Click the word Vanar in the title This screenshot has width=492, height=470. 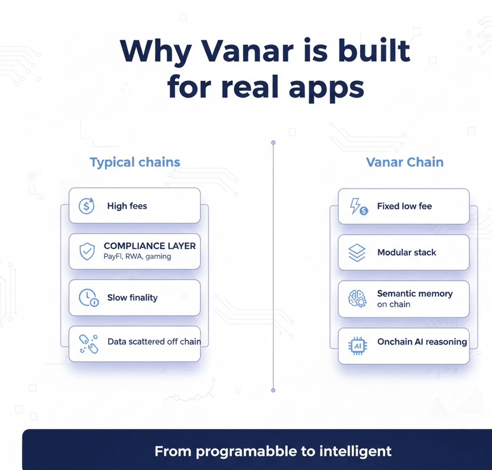(x=247, y=51)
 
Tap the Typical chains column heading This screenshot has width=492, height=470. (x=135, y=162)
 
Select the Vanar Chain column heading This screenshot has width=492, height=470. (x=405, y=162)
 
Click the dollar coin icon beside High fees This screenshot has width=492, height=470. (x=86, y=206)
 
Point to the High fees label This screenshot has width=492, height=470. (x=127, y=206)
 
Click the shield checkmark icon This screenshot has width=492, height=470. (x=87, y=251)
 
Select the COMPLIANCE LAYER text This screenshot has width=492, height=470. (x=150, y=245)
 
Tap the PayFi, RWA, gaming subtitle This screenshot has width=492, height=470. (x=138, y=256)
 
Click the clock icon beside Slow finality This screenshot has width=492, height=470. (x=88, y=298)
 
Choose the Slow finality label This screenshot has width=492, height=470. (x=132, y=298)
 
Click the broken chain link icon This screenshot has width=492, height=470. (x=88, y=344)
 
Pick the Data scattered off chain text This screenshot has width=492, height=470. (x=154, y=342)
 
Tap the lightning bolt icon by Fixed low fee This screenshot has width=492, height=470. (x=358, y=206)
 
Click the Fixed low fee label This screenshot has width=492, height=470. (x=404, y=206)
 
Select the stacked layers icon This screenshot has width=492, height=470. (x=357, y=253)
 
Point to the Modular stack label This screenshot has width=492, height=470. (x=407, y=253)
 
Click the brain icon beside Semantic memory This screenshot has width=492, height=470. (x=357, y=298)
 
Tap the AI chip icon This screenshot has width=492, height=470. (x=358, y=346)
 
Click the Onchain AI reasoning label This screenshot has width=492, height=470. (x=422, y=342)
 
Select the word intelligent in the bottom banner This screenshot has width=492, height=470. (x=355, y=452)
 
